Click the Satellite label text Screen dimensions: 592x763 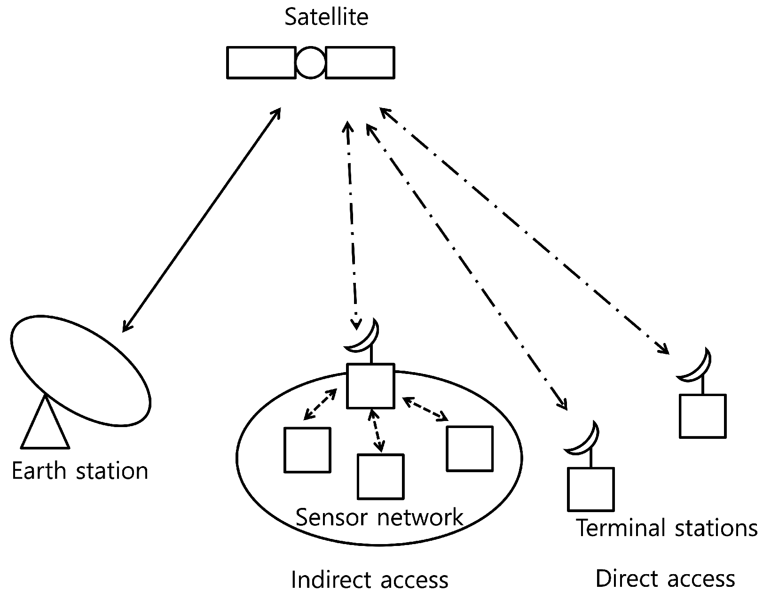[326, 17]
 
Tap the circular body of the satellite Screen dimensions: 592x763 [310, 62]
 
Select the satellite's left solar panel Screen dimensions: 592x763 [261, 62]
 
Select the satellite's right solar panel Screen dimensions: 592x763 [360, 62]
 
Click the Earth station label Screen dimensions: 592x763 [80, 471]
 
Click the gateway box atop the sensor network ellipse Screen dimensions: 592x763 [370, 386]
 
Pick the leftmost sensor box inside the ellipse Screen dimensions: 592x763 [307, 450]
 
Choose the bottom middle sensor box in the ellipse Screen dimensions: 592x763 [380, 476]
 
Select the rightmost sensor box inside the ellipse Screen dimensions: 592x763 [469, 449]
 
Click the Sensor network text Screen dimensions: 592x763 [379, 517]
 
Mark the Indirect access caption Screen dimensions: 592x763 [370, 580]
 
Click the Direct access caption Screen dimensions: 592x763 [665, 579]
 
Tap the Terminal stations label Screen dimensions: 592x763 [666, 528]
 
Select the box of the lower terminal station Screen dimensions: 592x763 [590, 489]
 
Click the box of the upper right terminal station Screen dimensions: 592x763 [702, 416]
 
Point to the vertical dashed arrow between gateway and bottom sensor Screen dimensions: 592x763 [376, 430]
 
